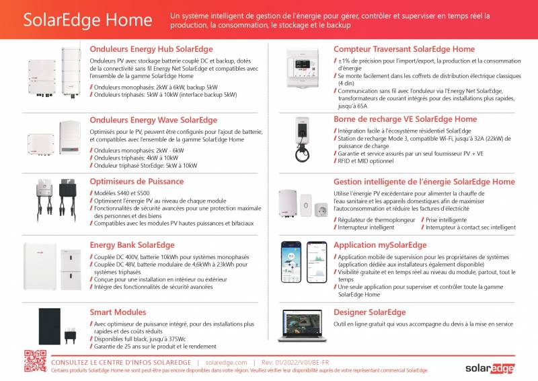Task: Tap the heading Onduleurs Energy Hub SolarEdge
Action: click(x=151, y=49)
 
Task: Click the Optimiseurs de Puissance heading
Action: click(x=138, y=182)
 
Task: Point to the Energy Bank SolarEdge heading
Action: click(x=132, y=245)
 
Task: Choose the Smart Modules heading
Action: click(x=118, y=312)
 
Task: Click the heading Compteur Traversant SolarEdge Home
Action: click(x=404, y=49)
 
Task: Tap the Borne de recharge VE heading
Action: click(x=405, y=119)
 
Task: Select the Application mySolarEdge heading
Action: click(x=380, y=245)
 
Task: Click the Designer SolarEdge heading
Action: click(x=370, y=312)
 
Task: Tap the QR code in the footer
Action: click(x=35, y=361)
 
